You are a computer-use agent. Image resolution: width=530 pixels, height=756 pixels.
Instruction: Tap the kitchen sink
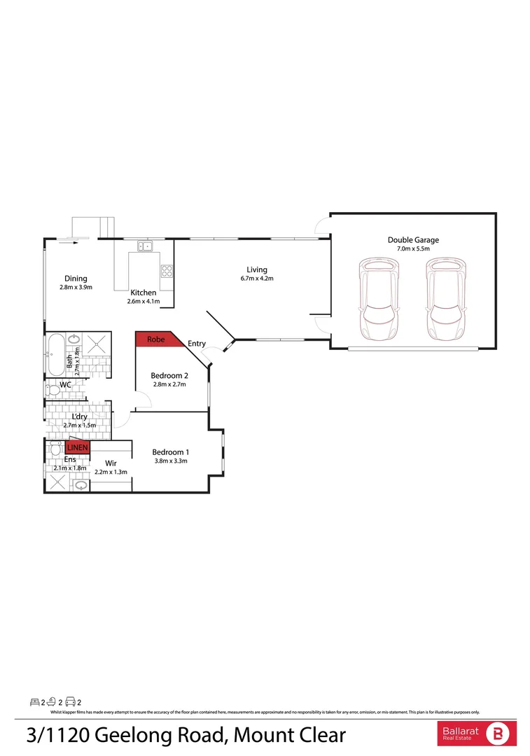pos(145,246)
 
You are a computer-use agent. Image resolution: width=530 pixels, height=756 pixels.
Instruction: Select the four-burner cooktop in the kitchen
pos(167,271)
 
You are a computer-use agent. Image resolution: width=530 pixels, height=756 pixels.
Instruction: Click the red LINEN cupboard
pos(77,448)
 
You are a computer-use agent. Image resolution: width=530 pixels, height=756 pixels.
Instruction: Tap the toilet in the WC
pos(53,389)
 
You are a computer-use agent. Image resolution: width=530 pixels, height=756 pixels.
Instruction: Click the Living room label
pos(256,269)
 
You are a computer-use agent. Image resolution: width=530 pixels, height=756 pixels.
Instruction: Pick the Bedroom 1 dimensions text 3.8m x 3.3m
pos(170,461)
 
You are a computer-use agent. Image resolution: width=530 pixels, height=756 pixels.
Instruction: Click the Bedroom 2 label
pos(169,375)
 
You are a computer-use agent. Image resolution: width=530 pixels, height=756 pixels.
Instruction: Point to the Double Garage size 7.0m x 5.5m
pos(413,248)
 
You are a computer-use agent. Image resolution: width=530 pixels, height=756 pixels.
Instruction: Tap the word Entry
pos(197,344)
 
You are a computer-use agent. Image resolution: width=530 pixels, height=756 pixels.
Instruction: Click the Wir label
pos(111,463)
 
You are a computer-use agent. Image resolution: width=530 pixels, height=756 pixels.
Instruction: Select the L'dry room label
pos(79,416)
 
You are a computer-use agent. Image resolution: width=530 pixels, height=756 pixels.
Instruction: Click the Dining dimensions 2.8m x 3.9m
pos(76,287)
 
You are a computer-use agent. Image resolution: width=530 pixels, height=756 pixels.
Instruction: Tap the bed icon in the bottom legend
pos(34,701)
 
